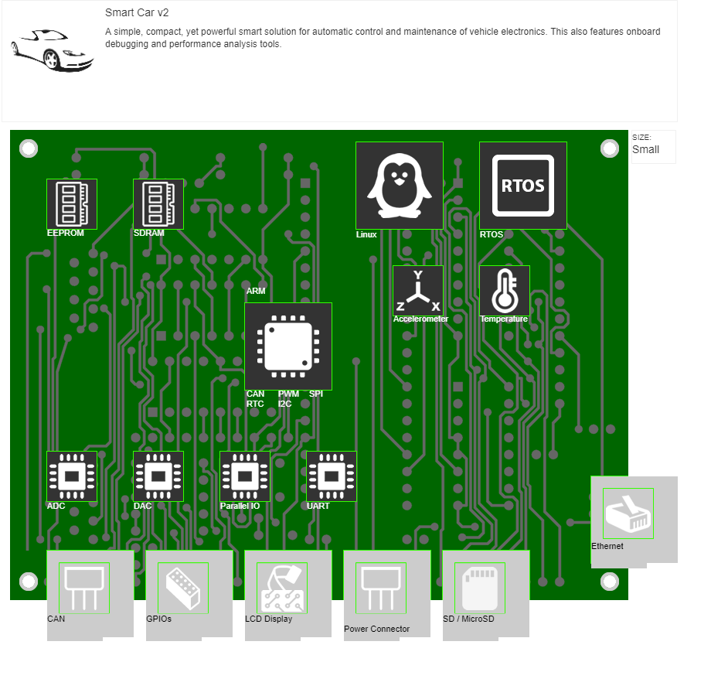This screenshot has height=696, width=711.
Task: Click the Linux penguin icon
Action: coord(399,186)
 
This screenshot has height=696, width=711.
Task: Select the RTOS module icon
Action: coord(523,186)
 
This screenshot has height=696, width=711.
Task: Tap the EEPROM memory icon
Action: coord(72,204)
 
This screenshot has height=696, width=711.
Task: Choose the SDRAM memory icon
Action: coord(158,204)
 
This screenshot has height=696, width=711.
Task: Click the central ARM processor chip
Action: coord(288,346)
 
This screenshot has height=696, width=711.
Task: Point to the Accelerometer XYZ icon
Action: coord(418,291)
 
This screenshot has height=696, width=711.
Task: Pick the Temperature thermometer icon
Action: coord(505,291)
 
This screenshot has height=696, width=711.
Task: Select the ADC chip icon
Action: coord(72,476)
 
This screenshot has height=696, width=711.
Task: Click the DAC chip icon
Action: coord(158,476)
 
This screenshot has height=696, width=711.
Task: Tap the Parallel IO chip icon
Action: coord(245,476)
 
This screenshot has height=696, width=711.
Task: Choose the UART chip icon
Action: coord(332,476)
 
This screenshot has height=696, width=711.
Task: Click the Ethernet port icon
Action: coord(628,513)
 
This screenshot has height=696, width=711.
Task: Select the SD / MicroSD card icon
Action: coord(480,588)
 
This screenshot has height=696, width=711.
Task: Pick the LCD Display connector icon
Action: coord(282,588)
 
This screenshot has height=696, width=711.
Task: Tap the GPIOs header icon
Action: coord(183,588)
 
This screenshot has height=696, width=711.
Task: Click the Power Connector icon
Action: coord(381,588)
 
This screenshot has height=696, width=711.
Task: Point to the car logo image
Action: coord(52,51)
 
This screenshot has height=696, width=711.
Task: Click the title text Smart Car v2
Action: coord(137,13)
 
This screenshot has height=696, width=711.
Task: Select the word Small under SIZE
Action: coord(646,149)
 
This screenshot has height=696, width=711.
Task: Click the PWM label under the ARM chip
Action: coord(288,394)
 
